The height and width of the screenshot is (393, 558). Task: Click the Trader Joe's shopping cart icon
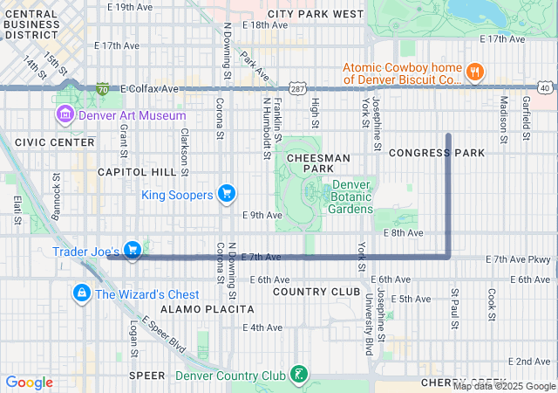132,251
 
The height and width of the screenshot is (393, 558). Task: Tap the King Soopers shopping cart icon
226,193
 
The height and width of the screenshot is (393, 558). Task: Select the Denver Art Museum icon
64,115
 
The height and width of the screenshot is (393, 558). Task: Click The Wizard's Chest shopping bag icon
81,293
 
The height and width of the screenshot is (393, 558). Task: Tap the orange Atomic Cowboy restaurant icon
475,72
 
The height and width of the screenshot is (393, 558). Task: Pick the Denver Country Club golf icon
299,376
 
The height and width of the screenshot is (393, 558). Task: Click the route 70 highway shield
103,89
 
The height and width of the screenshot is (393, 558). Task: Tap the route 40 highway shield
545,88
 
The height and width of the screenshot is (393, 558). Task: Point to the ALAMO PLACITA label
208,309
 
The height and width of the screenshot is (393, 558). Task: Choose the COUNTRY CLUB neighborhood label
316,291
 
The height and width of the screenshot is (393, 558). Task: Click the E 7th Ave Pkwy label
519,259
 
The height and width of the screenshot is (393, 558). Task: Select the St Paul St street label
454,309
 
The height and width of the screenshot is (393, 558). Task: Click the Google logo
30,383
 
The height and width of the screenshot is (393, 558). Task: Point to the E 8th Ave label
402,233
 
